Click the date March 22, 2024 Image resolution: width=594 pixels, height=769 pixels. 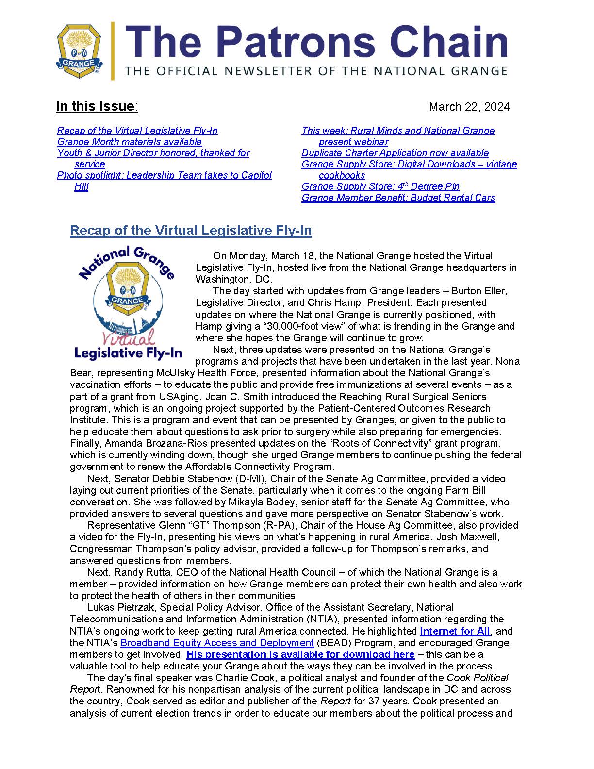pyautogui.click(x=469, y=107)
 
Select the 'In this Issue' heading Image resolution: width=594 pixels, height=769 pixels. pyautogui.click(x=97, y=106)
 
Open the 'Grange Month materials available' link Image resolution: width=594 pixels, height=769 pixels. pyautogui.click(x=129, y=142)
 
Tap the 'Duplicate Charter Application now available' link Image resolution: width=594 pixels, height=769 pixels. pyautogui.click(x=395, y=153)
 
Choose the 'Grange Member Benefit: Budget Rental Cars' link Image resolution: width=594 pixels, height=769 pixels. pyautogui.click(x=398, y=198)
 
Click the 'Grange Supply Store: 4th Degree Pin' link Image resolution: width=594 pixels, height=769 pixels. pyautogui.click(x=380, y=186)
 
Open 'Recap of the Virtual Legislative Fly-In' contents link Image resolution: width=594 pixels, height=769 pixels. pyautogui.click(x=137, y=131)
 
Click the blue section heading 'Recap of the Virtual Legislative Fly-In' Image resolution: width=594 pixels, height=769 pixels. pyautogui.click(x=191, y=230)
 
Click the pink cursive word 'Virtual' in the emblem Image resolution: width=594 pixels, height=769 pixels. pyautogui.click(x=129, y=336)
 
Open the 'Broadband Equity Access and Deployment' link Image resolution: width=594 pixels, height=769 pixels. pyautogui.click(x=217, y=643)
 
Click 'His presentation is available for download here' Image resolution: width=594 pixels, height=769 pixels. pyautogui.click(x=300, y=654)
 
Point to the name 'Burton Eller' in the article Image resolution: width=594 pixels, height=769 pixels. pyautogui.click(x=479, y=291)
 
